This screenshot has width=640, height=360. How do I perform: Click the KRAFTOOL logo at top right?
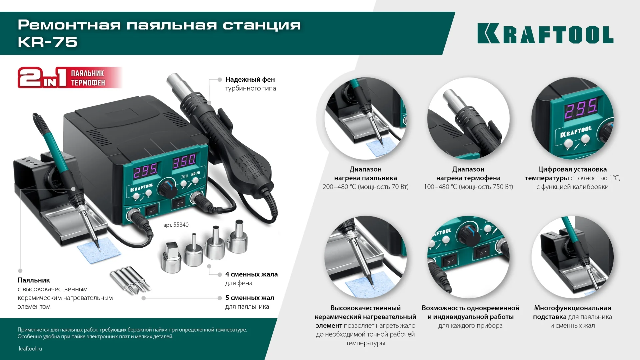[545, 34]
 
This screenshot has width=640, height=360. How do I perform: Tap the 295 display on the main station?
[145, 171]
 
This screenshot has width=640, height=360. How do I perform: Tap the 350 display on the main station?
[184, 161]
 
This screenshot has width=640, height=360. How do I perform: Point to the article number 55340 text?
[176, 225]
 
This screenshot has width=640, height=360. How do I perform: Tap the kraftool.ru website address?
[30, 349]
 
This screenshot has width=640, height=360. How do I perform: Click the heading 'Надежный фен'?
[250, 80]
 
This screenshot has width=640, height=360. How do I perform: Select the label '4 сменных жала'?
[251, 274]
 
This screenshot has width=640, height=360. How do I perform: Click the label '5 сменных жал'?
[250, 298]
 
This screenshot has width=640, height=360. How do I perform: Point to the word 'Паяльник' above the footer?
[34, 280]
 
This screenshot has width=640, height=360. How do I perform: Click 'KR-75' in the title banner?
[48, 42]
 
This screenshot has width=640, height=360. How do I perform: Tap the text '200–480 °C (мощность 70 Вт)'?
[365, 187]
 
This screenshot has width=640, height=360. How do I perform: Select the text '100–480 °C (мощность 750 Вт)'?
[468, 187]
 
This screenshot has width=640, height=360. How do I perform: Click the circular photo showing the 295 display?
[572, 118]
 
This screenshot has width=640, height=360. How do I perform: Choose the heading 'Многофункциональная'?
[572, 308]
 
